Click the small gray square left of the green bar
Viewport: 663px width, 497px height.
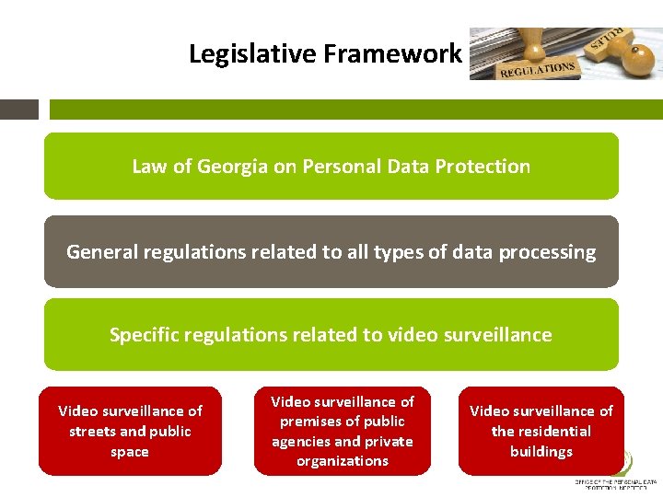pos(19,110)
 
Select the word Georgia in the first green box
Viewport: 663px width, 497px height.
pos(230,167)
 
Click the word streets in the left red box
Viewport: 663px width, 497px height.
pos(92,431)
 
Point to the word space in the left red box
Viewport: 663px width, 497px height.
pos(130,451)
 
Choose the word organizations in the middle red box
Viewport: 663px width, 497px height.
pos(343,461)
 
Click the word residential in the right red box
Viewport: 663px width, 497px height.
pos(553,431)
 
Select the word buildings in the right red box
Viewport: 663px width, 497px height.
pos(541,451)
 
